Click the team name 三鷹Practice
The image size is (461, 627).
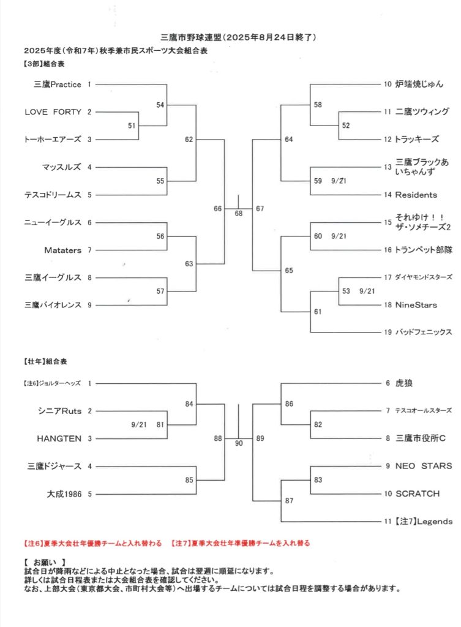[x=57, y=84]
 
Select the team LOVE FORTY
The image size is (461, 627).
[x=53, y=112]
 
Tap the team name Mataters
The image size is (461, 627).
[x=63, y=250]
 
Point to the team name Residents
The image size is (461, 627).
[x=416, y=195]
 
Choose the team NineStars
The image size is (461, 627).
[x=416, y=305]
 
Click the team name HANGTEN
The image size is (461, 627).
[x=59, y=438]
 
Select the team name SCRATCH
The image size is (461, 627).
[x=418, y=494]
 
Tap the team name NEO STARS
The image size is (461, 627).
[x=424, y=466]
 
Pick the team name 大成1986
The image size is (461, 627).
[x=64, y=494]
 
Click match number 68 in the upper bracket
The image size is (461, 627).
[x=239, y=214]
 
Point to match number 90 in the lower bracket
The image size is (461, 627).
[x=239, y=443]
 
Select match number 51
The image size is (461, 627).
[x=132, y=126]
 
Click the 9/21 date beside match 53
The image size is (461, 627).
[x=367, y=291]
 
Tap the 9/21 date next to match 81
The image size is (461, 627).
[x=139, y=425]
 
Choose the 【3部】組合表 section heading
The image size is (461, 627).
[x=43, y=64]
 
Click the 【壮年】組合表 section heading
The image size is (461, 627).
[x=45, y=361]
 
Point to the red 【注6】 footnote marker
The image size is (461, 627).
[x=31, y=543]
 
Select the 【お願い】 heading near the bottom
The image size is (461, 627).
[x=45, y=562]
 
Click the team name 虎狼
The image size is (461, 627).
[x=404, y=383]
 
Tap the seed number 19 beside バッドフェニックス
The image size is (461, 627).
[x=388, y=332]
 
